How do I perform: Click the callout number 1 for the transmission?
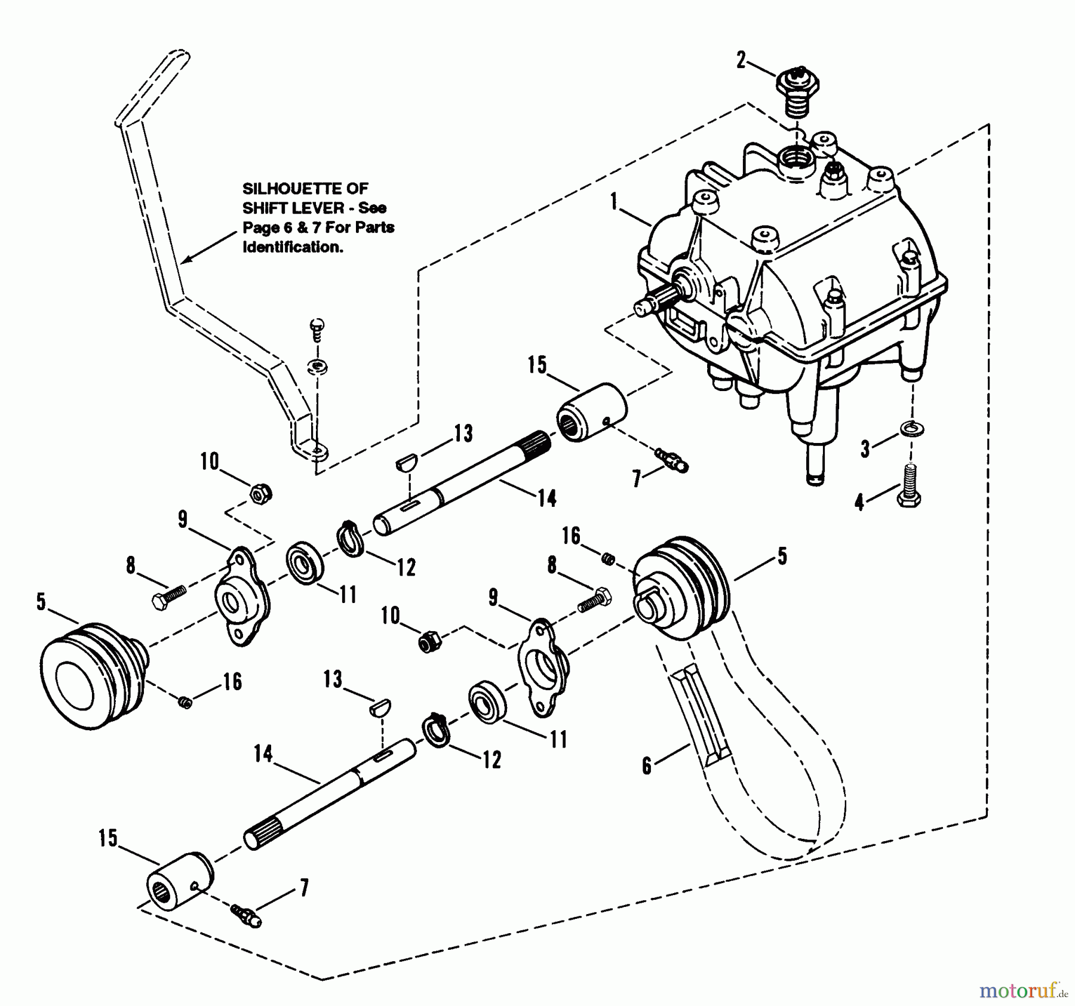[613, 202]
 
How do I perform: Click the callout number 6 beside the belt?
[647, 766]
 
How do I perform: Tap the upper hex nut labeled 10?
[261, 494]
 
